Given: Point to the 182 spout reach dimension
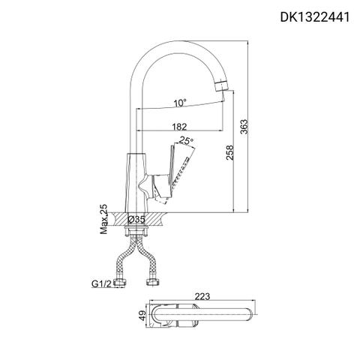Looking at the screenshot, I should click(179, 127).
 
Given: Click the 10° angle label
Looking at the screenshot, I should click(178, 103).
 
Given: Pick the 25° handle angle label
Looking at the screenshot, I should click(186, 140).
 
